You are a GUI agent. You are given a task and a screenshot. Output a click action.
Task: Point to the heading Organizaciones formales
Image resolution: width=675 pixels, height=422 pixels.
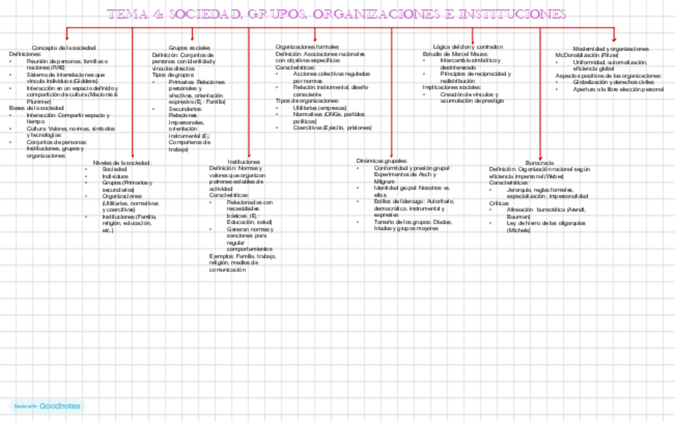click(x=306, y=48)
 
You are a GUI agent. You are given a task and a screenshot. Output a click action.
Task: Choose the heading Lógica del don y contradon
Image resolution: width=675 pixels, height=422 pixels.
click(x=468, y=48)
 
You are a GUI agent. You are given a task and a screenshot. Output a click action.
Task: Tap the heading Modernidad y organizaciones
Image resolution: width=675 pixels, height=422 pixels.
click(x=611, y=49)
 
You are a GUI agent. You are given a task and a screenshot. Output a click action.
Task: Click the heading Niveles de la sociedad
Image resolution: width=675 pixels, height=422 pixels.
click(x=122, y=162)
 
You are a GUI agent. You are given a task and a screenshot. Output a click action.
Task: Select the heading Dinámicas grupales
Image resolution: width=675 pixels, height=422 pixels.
click(x=382, y=162)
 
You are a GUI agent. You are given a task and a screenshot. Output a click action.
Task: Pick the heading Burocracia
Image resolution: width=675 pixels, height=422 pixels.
click(x=540, y=162)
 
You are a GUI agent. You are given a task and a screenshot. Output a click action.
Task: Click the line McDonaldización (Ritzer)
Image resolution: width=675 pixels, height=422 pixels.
click(x=587, y=56)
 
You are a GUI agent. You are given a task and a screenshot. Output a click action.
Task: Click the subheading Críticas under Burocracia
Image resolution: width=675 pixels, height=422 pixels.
click(x=499, y=203)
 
